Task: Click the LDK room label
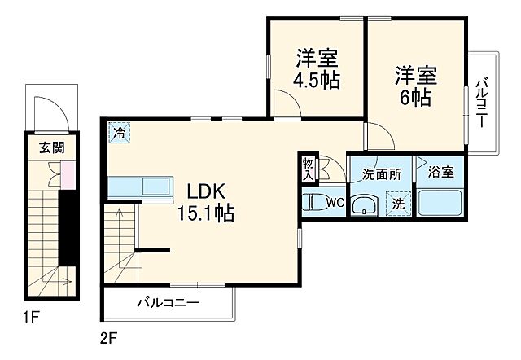[x=208, y=193]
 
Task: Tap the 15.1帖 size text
[x=207, y=214]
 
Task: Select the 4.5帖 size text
[x=317, y=80]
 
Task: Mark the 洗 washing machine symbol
[x=399, y=204]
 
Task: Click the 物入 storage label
[x=309, y=168]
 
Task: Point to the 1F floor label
[x=31, y=314]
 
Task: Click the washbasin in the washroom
[x=367, y=205]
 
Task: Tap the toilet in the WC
[x=313, y=202]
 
